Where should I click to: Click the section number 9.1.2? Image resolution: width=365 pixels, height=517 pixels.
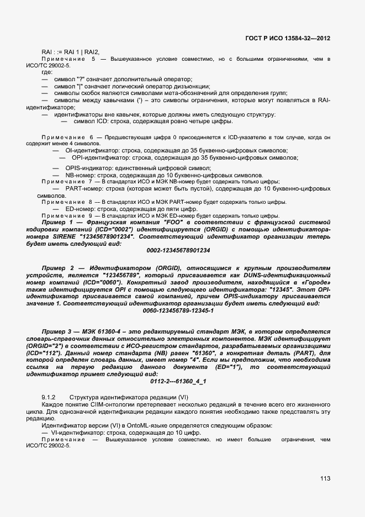[49, 398]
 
